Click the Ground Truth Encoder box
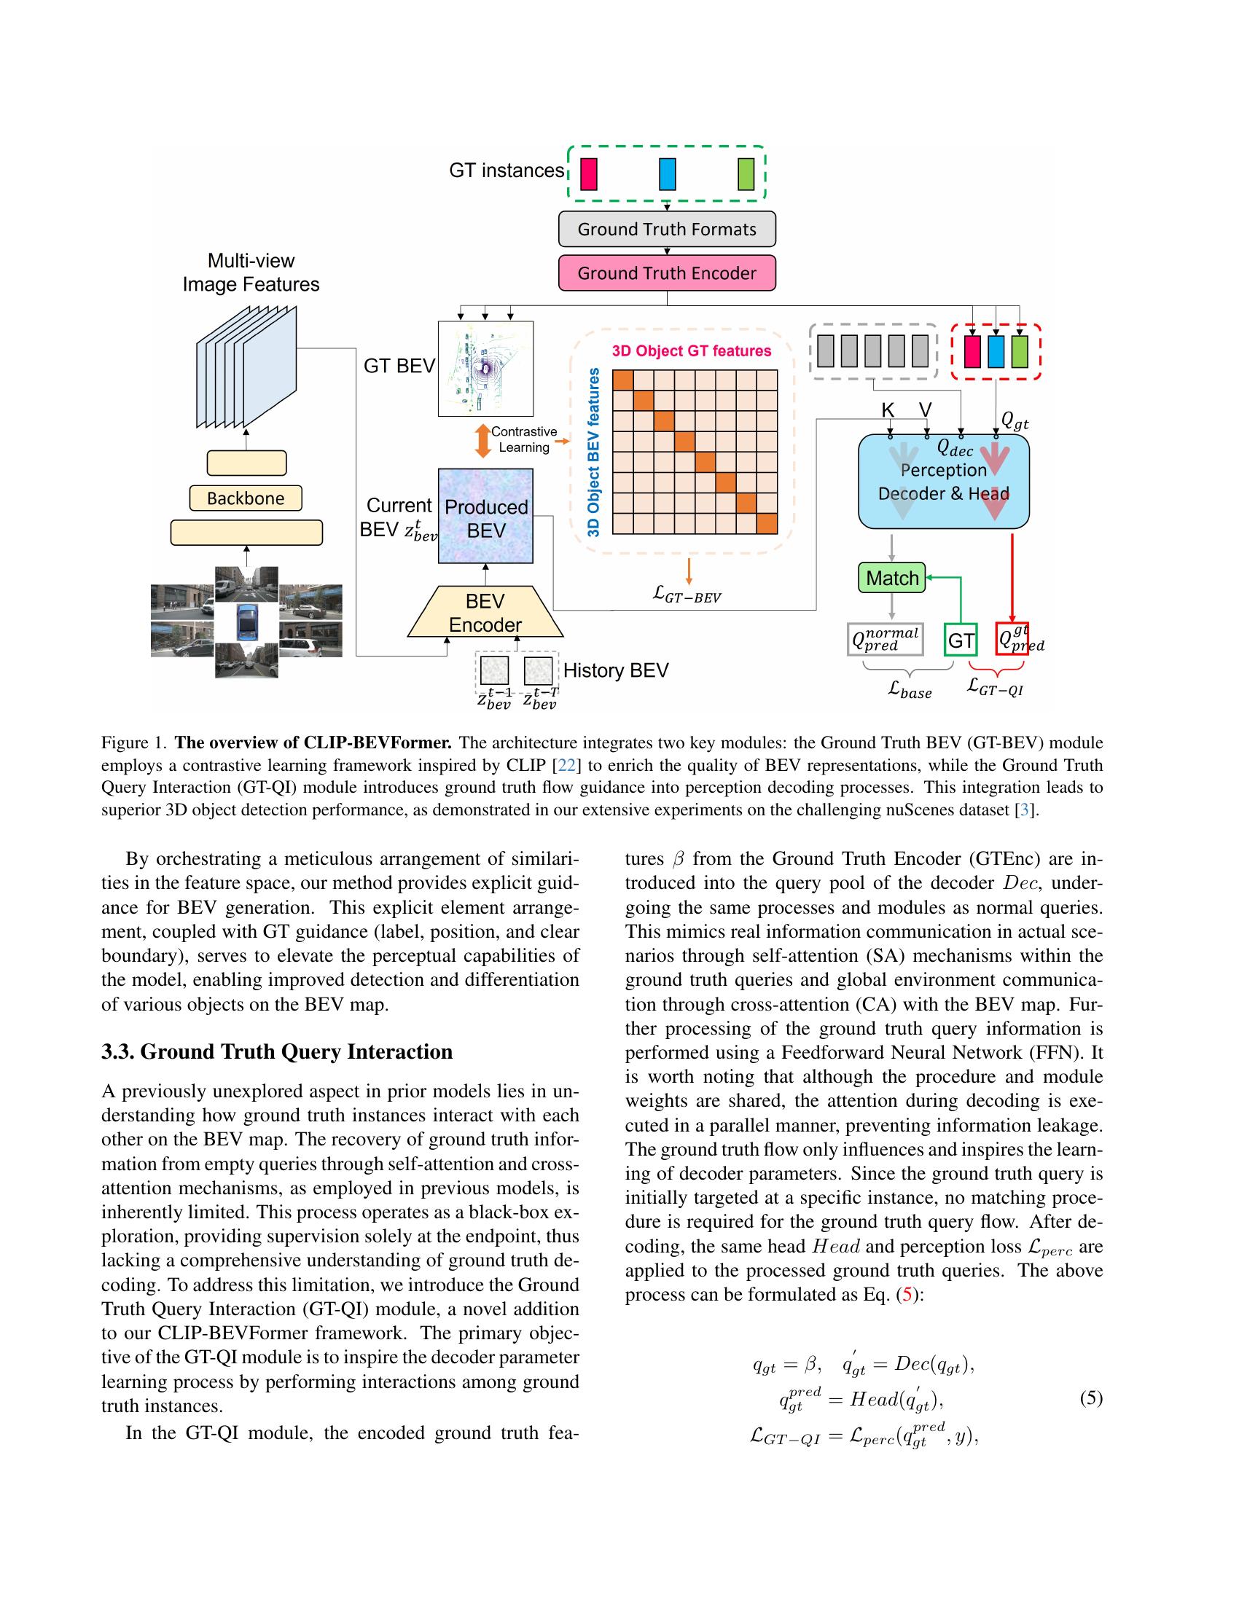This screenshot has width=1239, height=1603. [666, 273]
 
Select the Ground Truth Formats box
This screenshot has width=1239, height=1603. [666, 229]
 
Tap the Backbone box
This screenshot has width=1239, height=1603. [245, 498]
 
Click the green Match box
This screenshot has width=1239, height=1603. [892, 579]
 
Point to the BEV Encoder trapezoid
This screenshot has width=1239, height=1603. [485, 613]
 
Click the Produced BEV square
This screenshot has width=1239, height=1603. [486, 517]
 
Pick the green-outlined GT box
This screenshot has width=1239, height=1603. [960, 640]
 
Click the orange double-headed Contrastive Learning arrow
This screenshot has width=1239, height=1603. [482, 441]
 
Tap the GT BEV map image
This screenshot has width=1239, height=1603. [485, 369]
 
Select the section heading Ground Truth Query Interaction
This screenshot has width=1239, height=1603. [277, 1051]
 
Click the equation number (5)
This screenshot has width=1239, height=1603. [1091, 1398]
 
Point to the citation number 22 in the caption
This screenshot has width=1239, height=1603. [566, 766]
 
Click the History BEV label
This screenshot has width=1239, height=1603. [615, 670]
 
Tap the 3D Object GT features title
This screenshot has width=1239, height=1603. [692, 351]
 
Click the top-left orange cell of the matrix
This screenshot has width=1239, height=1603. [622, 381]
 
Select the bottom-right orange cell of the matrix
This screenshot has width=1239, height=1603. [766, 524]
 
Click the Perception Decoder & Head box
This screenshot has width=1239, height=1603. [943, 482]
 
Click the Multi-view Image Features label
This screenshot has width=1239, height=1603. [251, 273]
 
